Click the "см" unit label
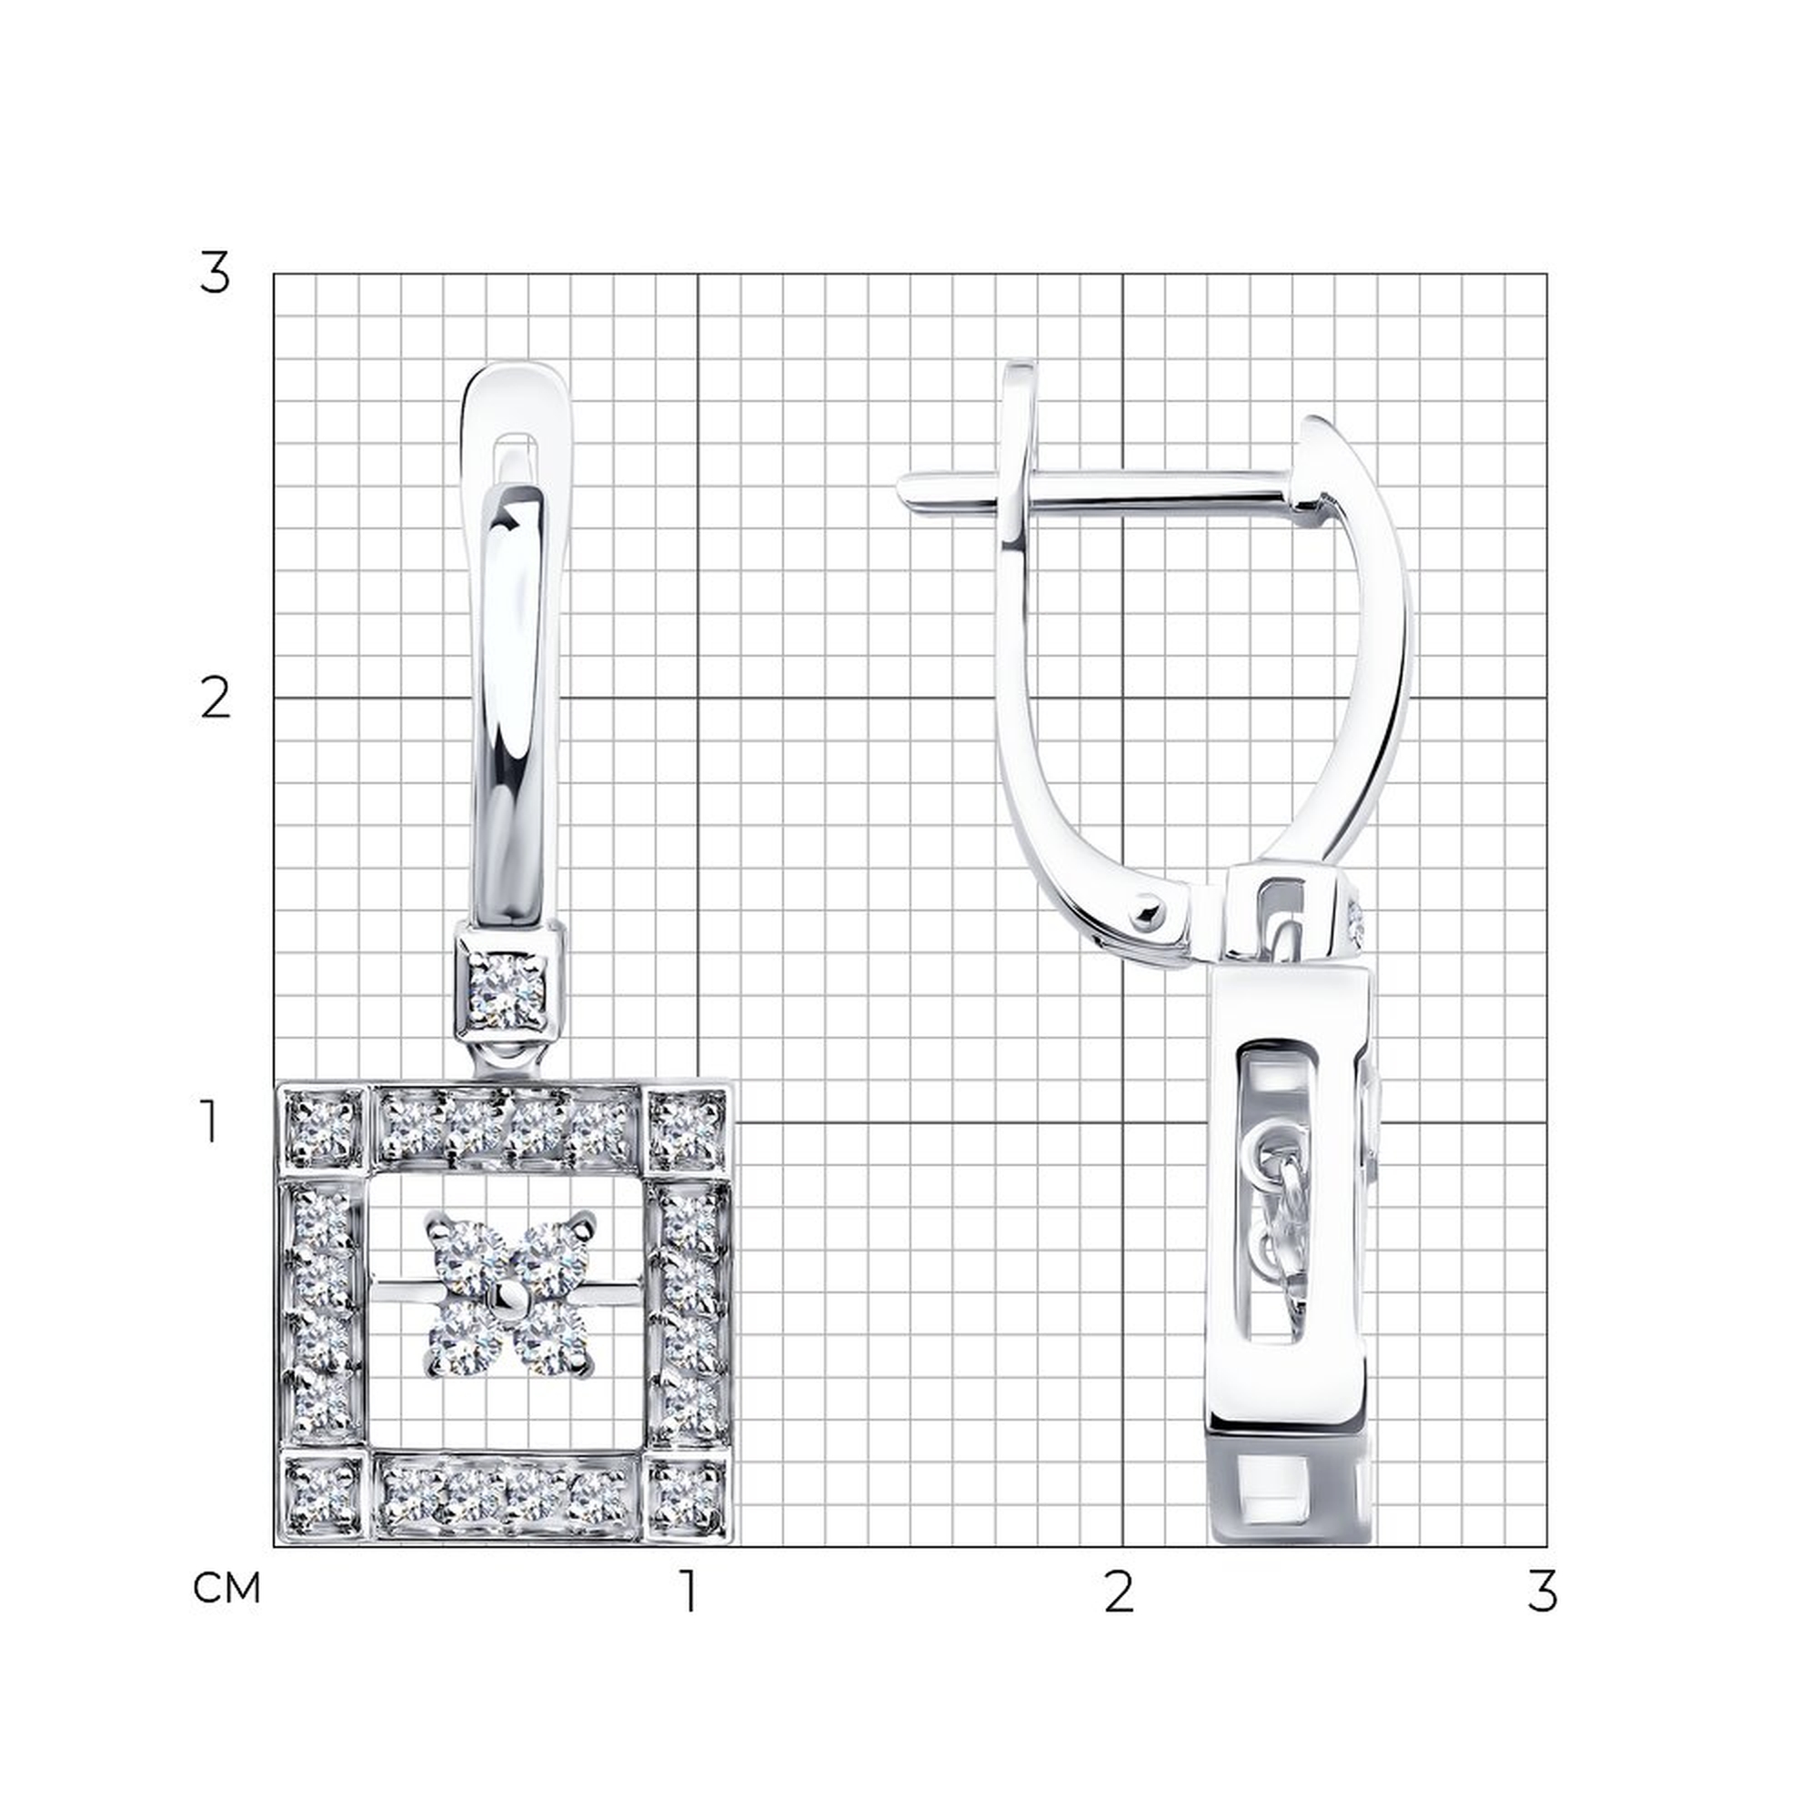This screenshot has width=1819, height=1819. [226, 1588]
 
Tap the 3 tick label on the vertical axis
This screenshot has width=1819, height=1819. [215, 274]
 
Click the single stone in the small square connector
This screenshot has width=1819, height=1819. [508, 990]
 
